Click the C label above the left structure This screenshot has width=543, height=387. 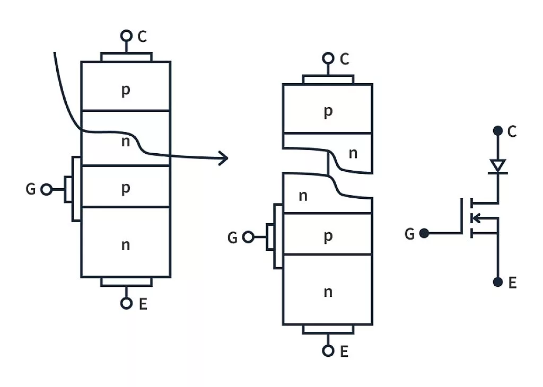click(142, 37)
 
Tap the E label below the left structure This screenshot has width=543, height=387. click(143, 304)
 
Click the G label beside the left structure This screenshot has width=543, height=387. click(31, 189)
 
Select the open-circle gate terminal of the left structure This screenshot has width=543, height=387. click(47, 189)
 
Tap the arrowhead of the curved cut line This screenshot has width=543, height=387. click(224, 157)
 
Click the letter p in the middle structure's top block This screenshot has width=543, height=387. click(328, 111)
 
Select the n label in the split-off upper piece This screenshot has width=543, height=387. click(353, 154)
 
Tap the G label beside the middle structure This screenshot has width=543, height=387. click(232, 238)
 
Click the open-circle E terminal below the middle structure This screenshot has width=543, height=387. click(328, 350)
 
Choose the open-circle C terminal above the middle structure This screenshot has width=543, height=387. click(328, 58)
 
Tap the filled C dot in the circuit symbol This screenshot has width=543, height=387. click(497, 130)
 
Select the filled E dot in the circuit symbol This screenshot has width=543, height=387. click(497, 282)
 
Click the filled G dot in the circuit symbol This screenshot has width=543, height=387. click(424, 233)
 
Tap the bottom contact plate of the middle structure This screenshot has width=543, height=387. click(328, 329)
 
